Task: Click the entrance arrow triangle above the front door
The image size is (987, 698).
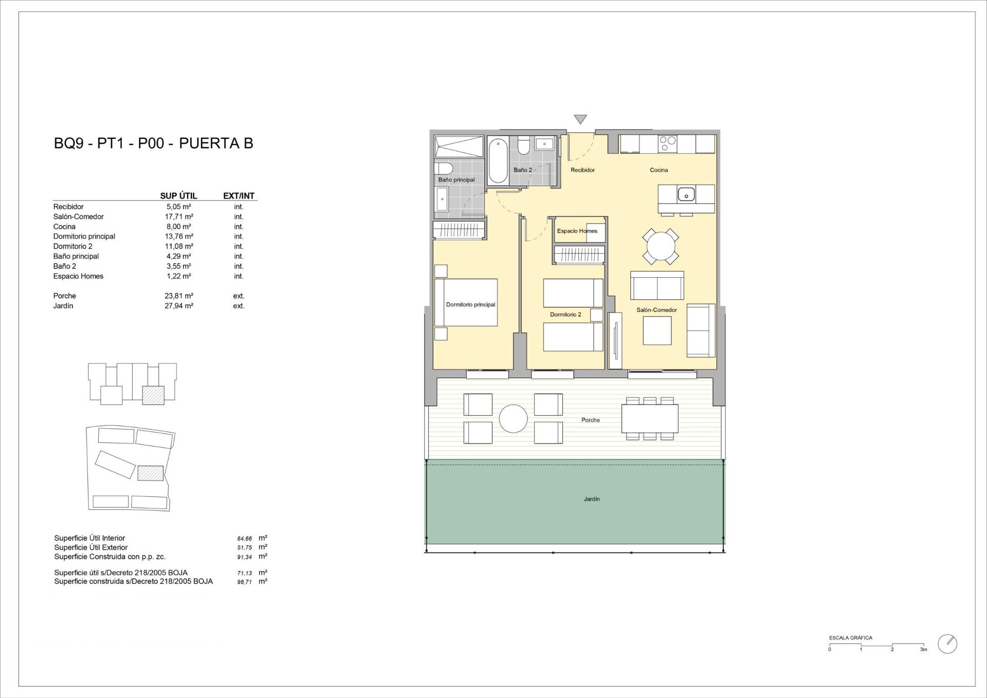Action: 580,119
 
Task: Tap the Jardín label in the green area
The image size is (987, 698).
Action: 592,499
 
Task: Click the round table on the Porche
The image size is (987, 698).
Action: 513,418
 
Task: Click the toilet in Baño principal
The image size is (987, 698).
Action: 444,169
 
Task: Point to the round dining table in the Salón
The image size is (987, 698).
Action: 661,247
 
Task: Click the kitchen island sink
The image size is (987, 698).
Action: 686,194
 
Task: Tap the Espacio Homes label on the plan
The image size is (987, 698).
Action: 577,231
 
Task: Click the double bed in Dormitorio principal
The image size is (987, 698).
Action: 466,302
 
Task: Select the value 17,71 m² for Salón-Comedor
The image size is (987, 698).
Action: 178,217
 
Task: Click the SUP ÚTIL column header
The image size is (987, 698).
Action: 178,196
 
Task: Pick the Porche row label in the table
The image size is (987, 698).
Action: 65,296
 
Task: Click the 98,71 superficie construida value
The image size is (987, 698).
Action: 244,582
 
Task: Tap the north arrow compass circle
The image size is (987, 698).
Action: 947,644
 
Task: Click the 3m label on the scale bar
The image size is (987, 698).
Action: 923,650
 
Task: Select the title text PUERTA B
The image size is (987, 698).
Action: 216,143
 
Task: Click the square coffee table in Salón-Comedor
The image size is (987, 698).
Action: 656,331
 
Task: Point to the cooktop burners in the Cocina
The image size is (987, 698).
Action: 668,143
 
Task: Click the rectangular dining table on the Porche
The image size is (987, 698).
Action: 650,418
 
